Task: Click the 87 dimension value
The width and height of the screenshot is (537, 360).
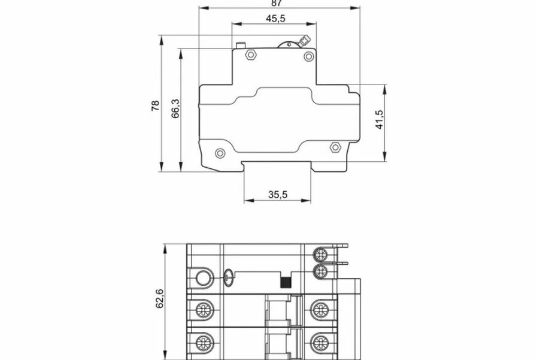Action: [x=277, y=3]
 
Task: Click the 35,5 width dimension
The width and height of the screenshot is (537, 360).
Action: [x=278, y=194]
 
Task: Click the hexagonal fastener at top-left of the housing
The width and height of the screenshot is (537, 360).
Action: [x=250, y=55]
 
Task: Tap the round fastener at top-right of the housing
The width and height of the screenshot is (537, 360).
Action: [x=308, y=56]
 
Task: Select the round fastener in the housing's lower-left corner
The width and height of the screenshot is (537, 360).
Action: [x=220, y=153]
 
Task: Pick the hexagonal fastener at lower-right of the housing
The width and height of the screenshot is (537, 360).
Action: [x=335, y=147]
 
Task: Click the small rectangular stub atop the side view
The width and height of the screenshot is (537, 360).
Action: [x=241, y=45]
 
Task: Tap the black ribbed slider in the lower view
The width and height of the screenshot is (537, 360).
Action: [x=286, y=282]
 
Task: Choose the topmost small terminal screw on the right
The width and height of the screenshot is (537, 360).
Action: [x=321, y=255]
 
